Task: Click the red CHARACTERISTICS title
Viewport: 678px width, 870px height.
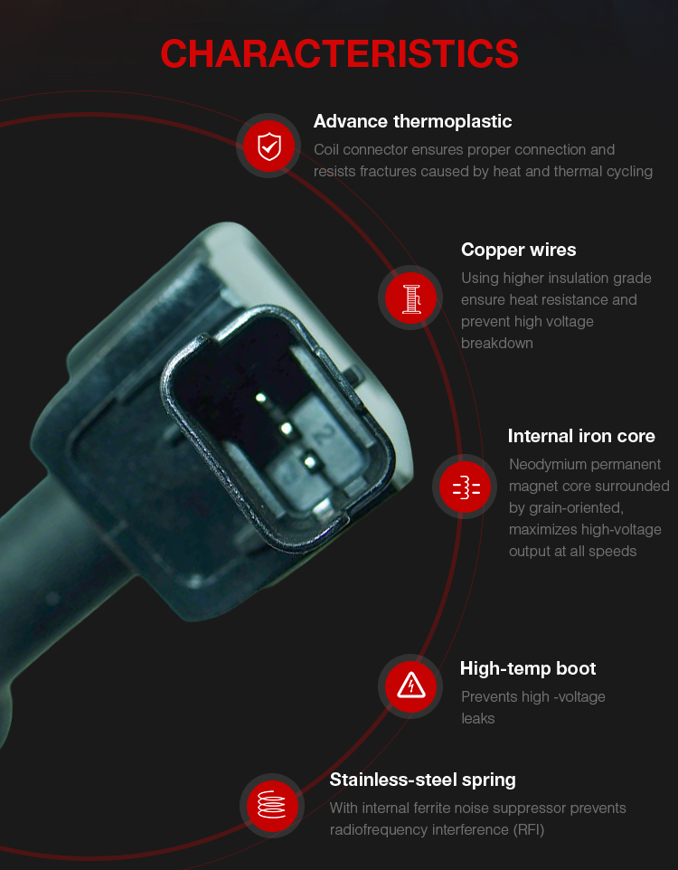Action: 339,54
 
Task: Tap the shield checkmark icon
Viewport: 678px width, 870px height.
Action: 269,146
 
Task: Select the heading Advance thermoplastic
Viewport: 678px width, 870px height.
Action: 412,121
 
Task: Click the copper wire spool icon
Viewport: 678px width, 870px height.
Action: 410,298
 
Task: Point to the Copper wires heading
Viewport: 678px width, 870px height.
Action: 518,250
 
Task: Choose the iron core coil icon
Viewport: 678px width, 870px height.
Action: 465,487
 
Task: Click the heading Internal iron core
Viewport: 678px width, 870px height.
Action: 581,436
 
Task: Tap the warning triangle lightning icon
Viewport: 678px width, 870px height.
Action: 410,686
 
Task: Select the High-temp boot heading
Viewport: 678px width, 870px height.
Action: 528,668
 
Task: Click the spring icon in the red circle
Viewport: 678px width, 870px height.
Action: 272,805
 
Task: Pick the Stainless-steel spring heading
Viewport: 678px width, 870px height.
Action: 422,780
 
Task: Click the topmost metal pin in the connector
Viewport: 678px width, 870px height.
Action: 260,397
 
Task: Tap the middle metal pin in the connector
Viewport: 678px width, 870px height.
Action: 287,429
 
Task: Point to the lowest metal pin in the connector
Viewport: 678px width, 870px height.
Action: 310,461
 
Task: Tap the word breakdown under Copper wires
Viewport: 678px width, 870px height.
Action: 497,344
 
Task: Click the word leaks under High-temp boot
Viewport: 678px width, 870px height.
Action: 477,719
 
